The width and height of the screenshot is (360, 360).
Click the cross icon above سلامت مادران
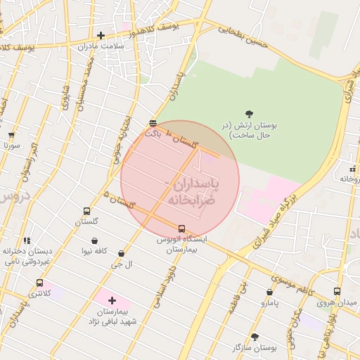point(101,35)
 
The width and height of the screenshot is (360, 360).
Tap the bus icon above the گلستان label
point(86,211)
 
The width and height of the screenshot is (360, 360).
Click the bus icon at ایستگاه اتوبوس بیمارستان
point(182,229)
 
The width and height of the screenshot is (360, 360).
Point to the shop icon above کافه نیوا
point(94,240)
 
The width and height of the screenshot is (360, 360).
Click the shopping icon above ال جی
point(122,253)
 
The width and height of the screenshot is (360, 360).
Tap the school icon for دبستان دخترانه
point(27,240)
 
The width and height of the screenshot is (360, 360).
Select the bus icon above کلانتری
point(39,283)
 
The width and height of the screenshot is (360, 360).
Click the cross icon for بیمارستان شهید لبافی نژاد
point(111,300)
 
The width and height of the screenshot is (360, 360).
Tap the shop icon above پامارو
point(269,292)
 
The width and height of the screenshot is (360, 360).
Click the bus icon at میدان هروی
point(337,291)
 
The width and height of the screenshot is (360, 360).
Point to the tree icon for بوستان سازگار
point(255,337)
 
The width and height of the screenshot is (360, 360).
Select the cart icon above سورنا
point(11,135)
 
